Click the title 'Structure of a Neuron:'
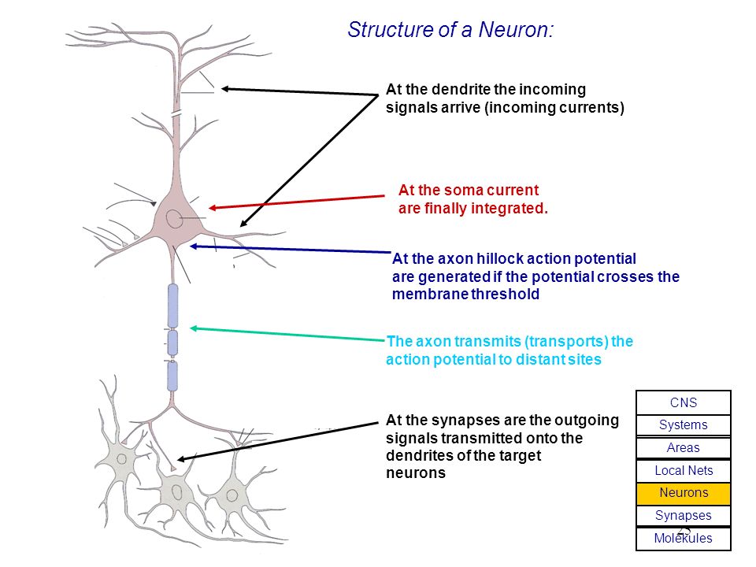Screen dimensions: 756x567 point(450,30)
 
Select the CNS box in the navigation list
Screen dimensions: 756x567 point(684,402)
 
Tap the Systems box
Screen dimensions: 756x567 point(684,424)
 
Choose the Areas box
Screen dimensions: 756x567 point(684,447)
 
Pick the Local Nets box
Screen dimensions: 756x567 point(684,471)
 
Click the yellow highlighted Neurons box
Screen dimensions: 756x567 point(684,493)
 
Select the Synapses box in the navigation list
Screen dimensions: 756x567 point(684,515)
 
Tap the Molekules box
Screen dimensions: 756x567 point(684,539)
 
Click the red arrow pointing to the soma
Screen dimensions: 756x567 point(297,202)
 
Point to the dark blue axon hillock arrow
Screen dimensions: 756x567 point(291,250)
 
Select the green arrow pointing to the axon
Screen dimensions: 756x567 point(288,334)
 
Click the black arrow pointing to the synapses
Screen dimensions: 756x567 point(277,441)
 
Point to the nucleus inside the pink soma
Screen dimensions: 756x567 point(174,219)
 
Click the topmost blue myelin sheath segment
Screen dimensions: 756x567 point(172,306)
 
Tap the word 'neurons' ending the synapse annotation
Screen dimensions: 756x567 point(416,473)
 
